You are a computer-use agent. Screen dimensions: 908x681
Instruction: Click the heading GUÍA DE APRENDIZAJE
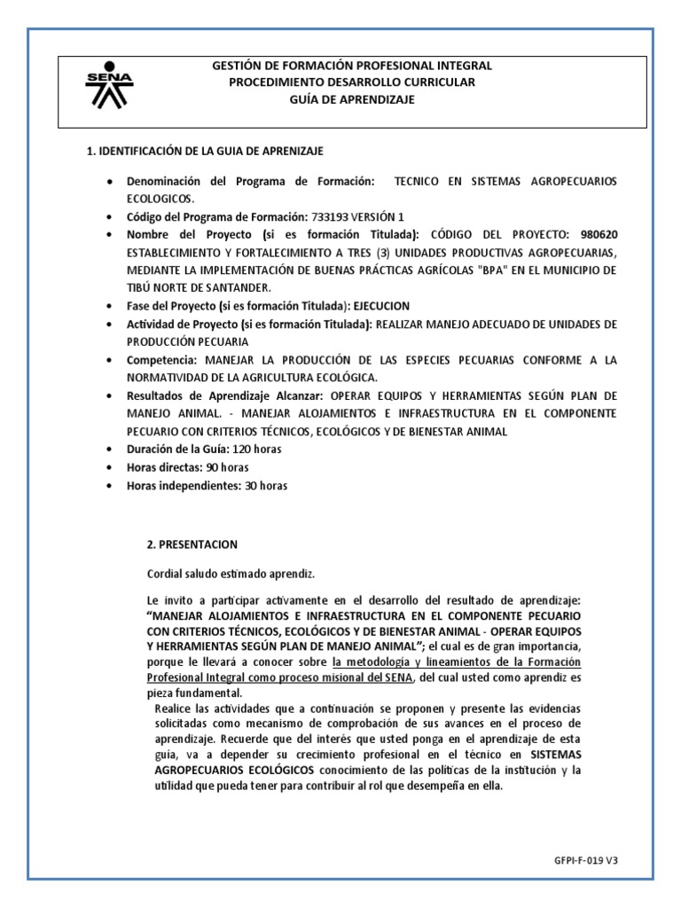[x=352, y=99]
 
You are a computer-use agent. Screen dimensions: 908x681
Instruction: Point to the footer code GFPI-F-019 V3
[x=609, y=860]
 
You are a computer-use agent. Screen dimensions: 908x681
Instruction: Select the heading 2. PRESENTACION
[x=192, y=544]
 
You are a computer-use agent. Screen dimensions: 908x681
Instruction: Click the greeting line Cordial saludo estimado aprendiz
[x=231, y=573]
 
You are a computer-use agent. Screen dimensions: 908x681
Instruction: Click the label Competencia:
[x=164, y=361]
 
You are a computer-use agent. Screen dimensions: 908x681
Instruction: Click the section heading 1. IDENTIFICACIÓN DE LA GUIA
[x=210, y=152]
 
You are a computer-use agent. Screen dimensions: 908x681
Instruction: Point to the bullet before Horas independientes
[x=109, y=487]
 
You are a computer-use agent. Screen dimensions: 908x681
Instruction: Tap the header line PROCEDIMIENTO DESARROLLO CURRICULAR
[x=352, y=82]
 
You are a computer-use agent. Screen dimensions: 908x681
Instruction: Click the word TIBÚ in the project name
[x=141, y=288]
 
